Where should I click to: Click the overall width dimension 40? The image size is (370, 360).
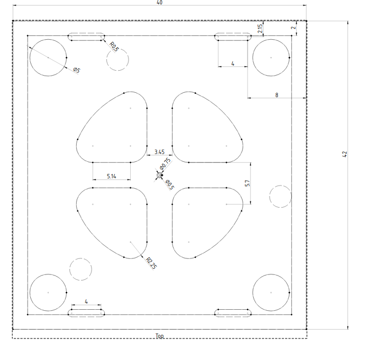tap(159, 2)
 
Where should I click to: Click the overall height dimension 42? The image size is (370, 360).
tap(345, 154)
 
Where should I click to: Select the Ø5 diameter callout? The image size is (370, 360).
tap(77, 70)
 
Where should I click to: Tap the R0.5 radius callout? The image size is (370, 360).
tap(115, 46)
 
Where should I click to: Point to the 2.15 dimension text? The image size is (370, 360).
tap(260, 29)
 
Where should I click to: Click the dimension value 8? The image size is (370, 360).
tap(277, 95)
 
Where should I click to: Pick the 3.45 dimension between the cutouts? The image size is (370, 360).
tap(159, 152)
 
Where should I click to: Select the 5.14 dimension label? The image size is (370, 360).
tap(111, 176)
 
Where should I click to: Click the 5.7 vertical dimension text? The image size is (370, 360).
tap(247, 183)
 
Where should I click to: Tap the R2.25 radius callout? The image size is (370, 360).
tap(151, 263)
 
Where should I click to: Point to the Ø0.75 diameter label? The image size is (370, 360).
tap(165, 163)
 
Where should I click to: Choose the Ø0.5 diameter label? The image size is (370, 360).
tap(170, 185)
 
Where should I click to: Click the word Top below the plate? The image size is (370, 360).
tap(159, 336)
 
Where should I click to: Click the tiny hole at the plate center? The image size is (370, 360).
tap(159, 175)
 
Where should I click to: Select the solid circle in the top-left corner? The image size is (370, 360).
tap(48, 39)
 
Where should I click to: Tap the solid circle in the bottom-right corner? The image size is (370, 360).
tap(271, 274)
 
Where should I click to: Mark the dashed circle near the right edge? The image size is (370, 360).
tap(280, 186)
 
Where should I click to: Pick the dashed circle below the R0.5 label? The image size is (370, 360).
tap(117, 49)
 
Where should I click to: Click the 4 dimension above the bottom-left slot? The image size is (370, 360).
tap(86, 301)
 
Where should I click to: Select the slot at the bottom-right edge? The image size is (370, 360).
tap(233, 309)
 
